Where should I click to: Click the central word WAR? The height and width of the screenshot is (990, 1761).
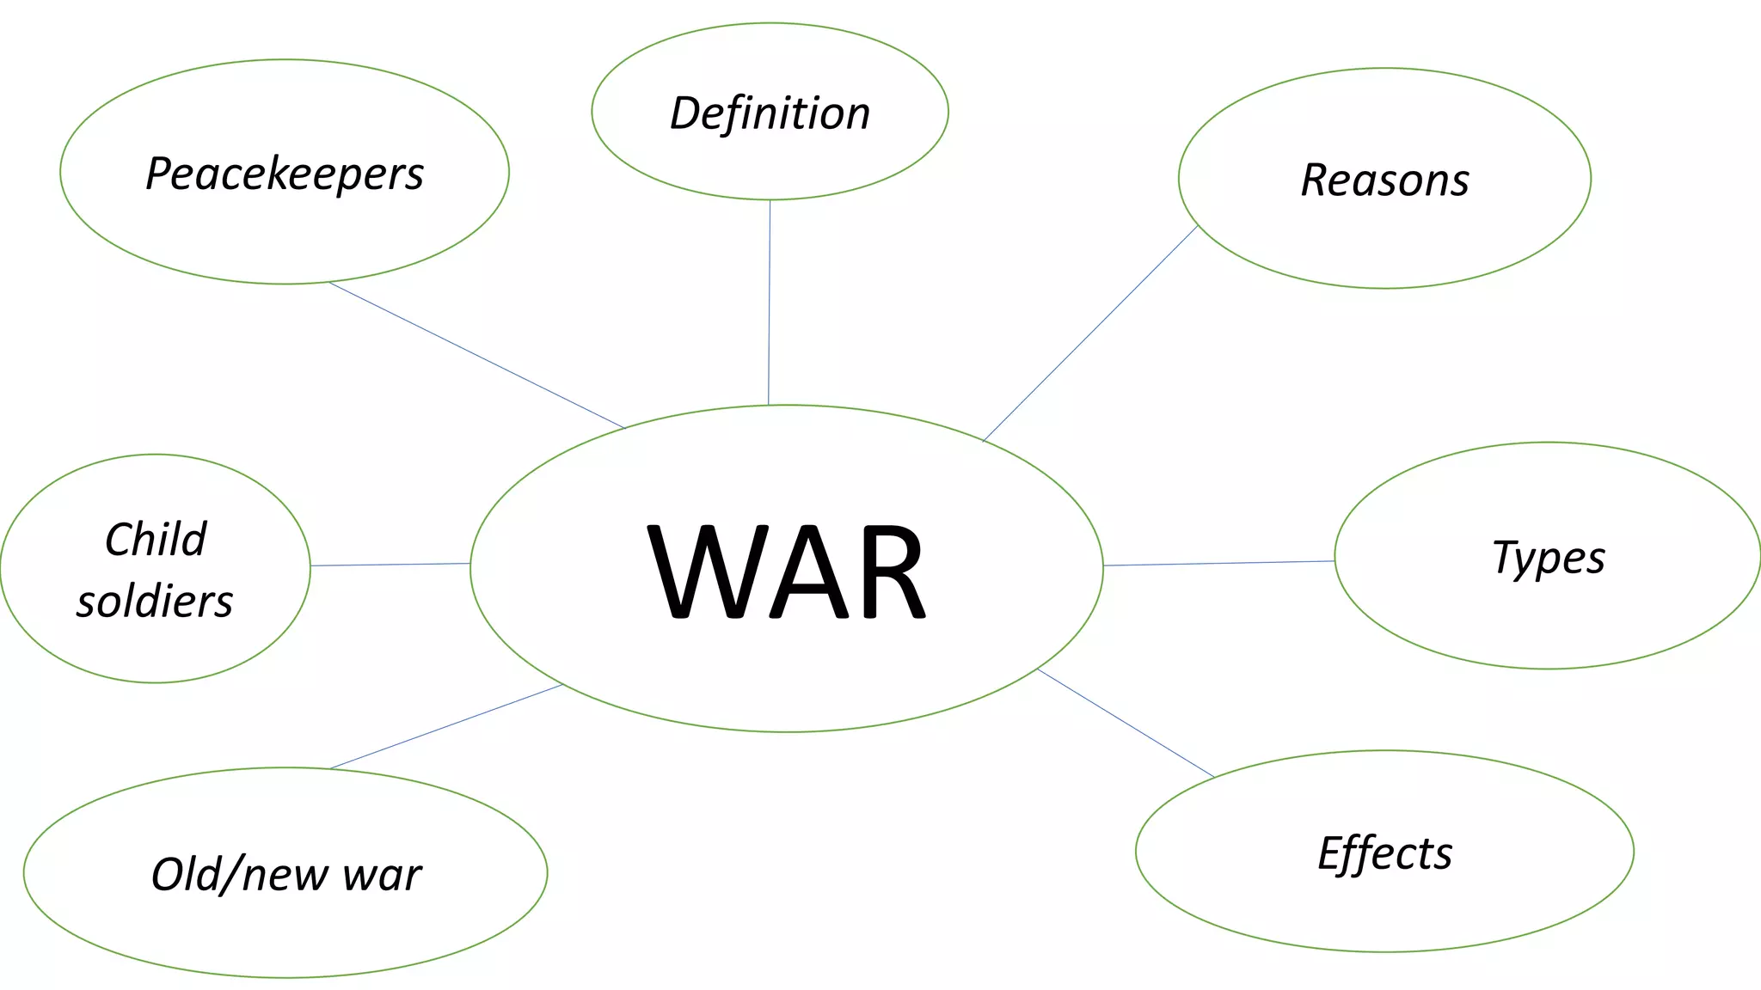pyautogui.click(x=786, y=571)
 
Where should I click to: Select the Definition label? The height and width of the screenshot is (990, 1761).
pyautogui.click(x=770, y=113)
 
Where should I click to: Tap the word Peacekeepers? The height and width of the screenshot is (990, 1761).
pyautogui.click(x=285, y=174)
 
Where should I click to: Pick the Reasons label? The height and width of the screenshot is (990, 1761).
pyautogui.click(x=1384, y=180)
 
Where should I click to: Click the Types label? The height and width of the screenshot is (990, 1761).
pyautogui.click(x=1548, y=558)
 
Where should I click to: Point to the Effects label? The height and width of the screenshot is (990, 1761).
pyautogui.click(x=1384, y=853)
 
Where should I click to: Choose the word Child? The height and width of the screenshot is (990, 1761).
pyautogui.click(x=156, y=540)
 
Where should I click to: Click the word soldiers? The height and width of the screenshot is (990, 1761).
pyautogui.click(x=155, y=601)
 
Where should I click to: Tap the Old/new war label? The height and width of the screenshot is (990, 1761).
pyautogui.click(x=285, y=875)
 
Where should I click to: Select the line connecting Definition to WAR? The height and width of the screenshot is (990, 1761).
pyautogui.click(x=769, y=301)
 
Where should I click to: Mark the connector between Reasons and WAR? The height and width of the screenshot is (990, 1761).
pyautogui.click(x=1090, y=333)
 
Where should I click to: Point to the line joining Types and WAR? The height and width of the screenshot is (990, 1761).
pyautogui.click(x=1218, y=563)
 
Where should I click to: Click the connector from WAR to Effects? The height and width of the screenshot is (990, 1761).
pyautogui.click(x=1126, y=723)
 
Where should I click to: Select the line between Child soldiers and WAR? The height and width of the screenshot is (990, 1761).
pyautogui.click(x=390, y=565)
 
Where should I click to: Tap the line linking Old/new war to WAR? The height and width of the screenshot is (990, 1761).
pyautogui.click(x=446, y=726)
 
